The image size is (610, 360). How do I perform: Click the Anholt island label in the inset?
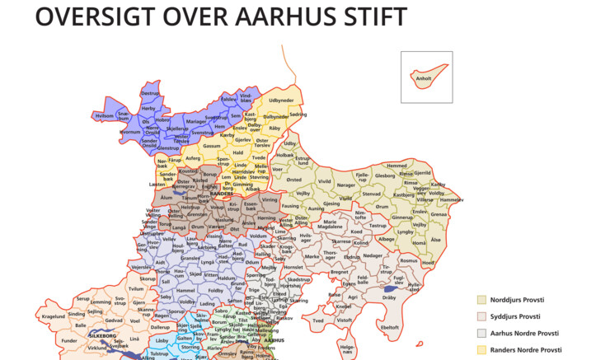[424, 79]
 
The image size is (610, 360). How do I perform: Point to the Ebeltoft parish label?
[376, 328]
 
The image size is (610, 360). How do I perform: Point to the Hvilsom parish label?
[104, 116]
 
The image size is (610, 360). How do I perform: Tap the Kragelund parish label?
[53, 316]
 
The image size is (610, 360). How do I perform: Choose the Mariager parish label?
[196, 122]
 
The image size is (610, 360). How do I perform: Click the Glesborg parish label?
[385, 175]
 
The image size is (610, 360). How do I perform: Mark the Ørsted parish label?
[293, 179]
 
